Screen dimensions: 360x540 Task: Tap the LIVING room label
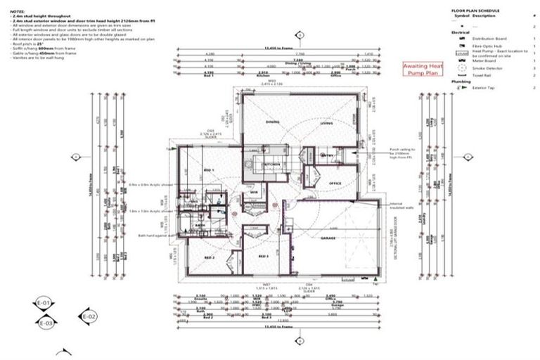pyautogui.click(x=326, y=122)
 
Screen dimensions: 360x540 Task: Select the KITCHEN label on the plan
pyautogui.click(x=272, y=164)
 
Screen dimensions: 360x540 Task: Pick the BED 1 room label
pyautogui.click(x=209, y=171)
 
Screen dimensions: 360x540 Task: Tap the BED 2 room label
pyautogui.click(x=209, y=257)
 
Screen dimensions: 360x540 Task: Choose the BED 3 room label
pyautogui.click(x=264, y=257)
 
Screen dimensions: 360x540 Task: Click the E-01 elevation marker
pyautogui.click(x=44, y=304)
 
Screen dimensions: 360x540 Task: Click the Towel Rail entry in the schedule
pyautogui.click(x=482, y=74)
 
